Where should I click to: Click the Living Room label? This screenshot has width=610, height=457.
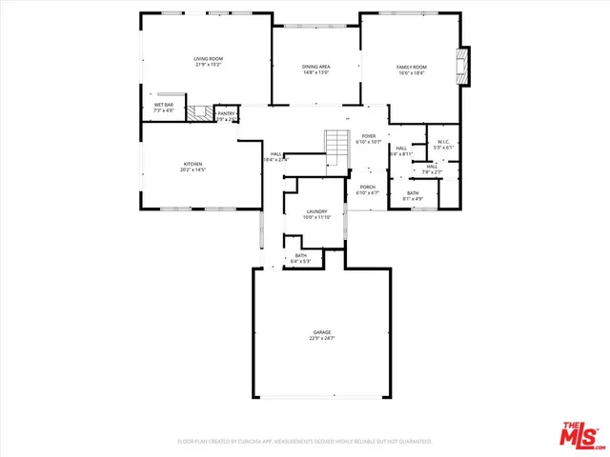pos(207,60)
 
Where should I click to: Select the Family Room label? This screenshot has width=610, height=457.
pos(412,67)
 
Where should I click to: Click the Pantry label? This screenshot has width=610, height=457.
pos(226,113)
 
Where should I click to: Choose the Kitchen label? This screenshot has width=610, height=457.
pos(193,164)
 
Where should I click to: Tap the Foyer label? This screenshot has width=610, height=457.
pos(367,136)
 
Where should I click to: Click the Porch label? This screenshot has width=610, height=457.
pos(367,187)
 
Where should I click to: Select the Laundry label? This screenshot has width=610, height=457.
pos(317,211)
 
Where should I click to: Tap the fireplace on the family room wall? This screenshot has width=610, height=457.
pos(463,68)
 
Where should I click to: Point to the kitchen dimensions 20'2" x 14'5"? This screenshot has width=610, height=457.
pos(193,170)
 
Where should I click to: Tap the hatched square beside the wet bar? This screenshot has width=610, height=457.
pos(198,112)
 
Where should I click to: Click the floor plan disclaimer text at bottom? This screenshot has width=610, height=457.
pos(305,442)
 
